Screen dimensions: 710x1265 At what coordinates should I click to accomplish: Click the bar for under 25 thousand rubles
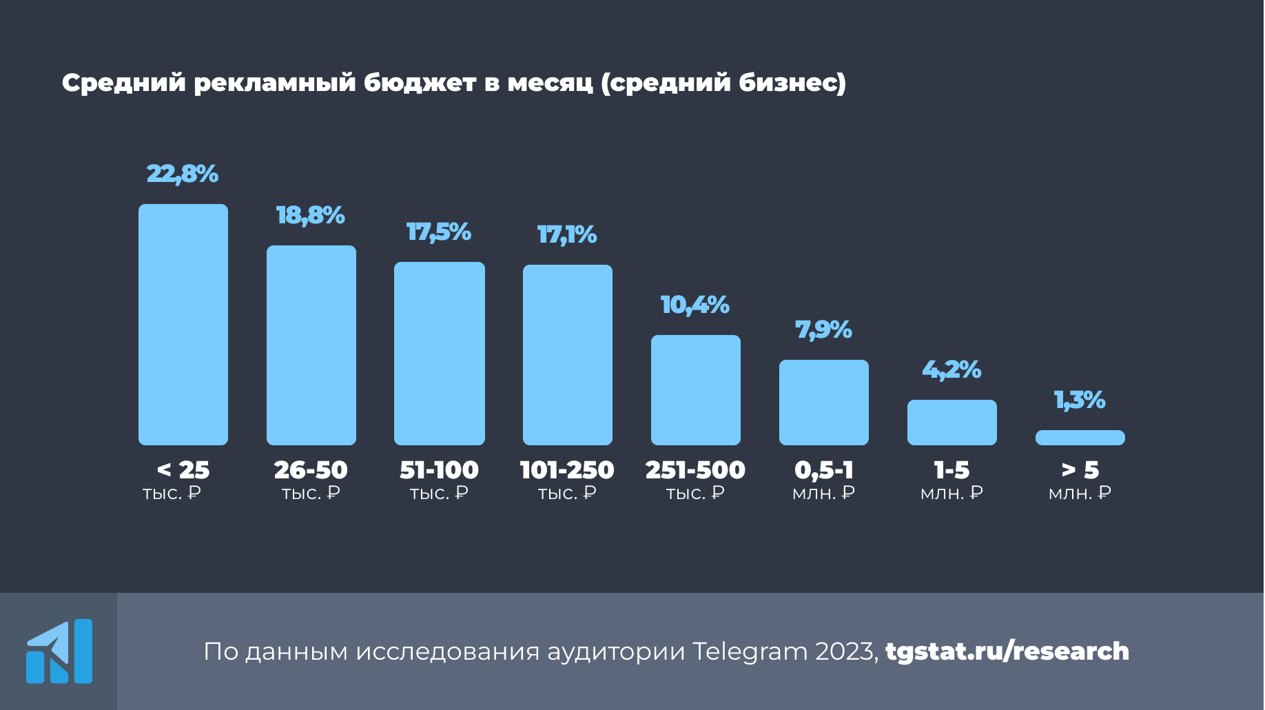[x=183, y=324]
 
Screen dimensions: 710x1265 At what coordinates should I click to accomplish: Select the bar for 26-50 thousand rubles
[x=311, y=345]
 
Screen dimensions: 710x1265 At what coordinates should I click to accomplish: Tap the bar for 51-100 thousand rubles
[x=440, y=353]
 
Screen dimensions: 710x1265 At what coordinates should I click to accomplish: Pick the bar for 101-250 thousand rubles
[x=568, y=354]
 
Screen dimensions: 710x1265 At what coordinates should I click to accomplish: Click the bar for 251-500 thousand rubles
[x=696, y=389]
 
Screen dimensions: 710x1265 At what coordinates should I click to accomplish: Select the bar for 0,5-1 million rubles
[x=824, y=402]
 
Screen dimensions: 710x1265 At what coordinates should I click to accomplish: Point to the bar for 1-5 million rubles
[x=952, y=422]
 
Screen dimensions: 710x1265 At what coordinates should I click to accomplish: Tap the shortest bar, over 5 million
[x=1080, y=438]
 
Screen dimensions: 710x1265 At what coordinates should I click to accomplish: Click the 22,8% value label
[x=183, y=174]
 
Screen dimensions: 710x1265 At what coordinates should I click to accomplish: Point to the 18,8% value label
[x=311, y=216]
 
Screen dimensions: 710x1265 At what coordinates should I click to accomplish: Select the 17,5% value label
[x=439, y=232]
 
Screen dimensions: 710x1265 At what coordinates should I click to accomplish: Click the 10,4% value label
[x=695, y=305]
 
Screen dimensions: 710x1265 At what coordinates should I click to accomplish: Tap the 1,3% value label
[x=1080, y=400]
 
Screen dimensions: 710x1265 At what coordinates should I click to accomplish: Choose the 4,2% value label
[x=952, y=370]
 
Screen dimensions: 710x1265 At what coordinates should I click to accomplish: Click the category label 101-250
[x=567, y=470]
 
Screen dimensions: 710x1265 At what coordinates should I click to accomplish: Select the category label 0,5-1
[x=824, y=470]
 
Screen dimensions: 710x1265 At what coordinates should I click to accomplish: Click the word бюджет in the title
[x=420, y=83]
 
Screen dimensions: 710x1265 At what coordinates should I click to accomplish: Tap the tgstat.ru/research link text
[x=1007, y=651]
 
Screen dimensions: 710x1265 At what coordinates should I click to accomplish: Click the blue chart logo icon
[x=59, y=651]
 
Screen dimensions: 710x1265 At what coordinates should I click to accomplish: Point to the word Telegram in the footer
[x=749, y=652]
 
